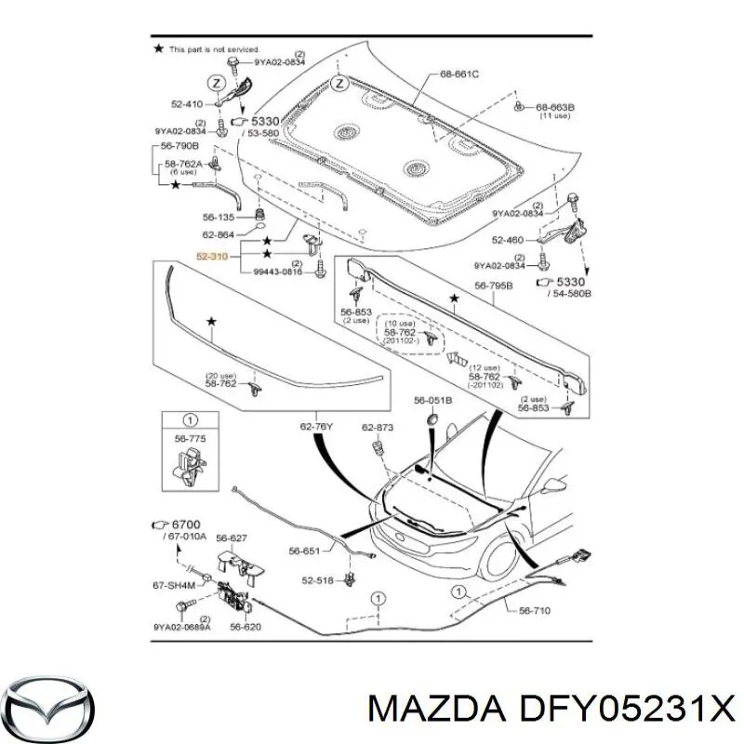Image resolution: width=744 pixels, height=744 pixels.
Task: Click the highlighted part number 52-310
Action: click(213, 253)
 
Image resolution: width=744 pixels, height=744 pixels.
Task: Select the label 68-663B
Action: click(555, 107)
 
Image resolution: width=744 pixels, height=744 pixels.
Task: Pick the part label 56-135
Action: click(222, 218)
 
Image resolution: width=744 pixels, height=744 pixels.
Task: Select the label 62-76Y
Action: click(317, 427)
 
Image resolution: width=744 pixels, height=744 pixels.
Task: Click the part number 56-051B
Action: click(432, 400)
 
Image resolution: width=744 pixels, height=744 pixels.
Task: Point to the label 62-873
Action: click(379, 427)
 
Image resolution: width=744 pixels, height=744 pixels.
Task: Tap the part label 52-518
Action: click(318, 580)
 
